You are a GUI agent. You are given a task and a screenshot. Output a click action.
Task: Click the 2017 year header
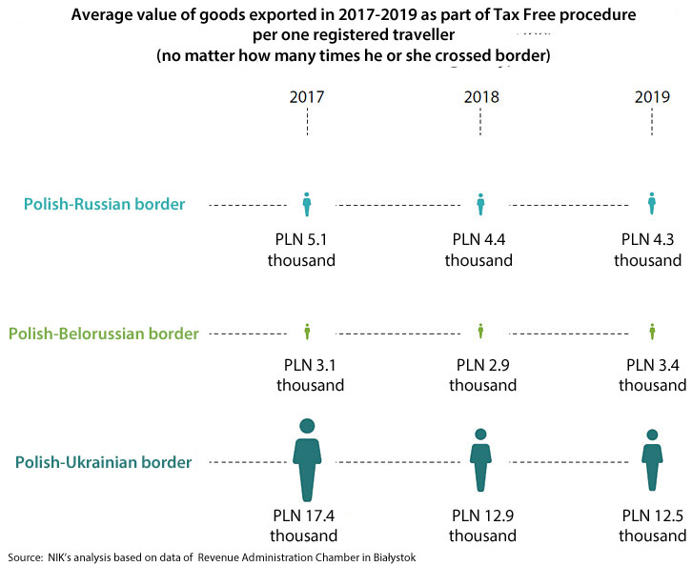pyautogui.click(x=307, y=97)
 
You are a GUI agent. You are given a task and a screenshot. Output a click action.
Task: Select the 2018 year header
pyautogui.click(x=480, y=97)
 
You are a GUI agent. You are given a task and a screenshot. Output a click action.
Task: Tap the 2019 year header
pyautogui.click(x=652, y=97)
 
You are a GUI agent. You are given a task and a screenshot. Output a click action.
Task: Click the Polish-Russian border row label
pyautogui.click(x=104, y=204)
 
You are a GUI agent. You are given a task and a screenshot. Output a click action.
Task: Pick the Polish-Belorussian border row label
pyautogui.click(x=104, y=334)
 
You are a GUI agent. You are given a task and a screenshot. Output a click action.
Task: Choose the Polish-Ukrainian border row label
pyautogui.click(x=104, y=462)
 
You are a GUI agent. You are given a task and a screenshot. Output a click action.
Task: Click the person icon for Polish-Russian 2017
pyautogui.click(x=307, y=203)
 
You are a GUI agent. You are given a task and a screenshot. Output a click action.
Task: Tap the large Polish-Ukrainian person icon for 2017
pyautogui.click(x=306, y=459)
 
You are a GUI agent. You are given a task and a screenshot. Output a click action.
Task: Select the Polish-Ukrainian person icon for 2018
pyautogui.click(x=480, y=459)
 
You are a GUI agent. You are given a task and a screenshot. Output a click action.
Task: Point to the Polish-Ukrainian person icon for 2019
pyautogui.click(x=652, y=459)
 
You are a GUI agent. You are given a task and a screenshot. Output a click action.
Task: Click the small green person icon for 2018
pyautogui.click(x=480, y=332)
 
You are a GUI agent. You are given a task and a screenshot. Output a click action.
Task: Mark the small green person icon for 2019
pyautogui.click(x=652, y=332)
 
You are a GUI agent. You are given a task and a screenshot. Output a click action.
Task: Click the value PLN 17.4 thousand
pyautogui.click(x=303, y=526)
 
